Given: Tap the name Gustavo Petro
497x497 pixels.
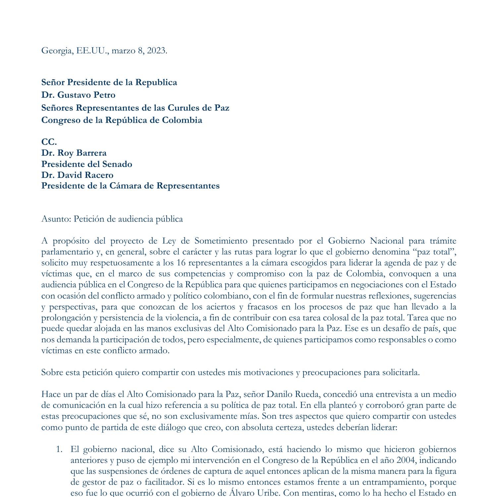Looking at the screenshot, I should (86, 95).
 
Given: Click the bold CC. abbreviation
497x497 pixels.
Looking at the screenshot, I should (49, 142).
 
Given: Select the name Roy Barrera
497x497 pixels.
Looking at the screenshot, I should (82, 153).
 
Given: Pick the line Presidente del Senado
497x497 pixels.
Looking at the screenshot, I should (86, 164).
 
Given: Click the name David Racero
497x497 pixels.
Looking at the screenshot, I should (85, 175).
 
